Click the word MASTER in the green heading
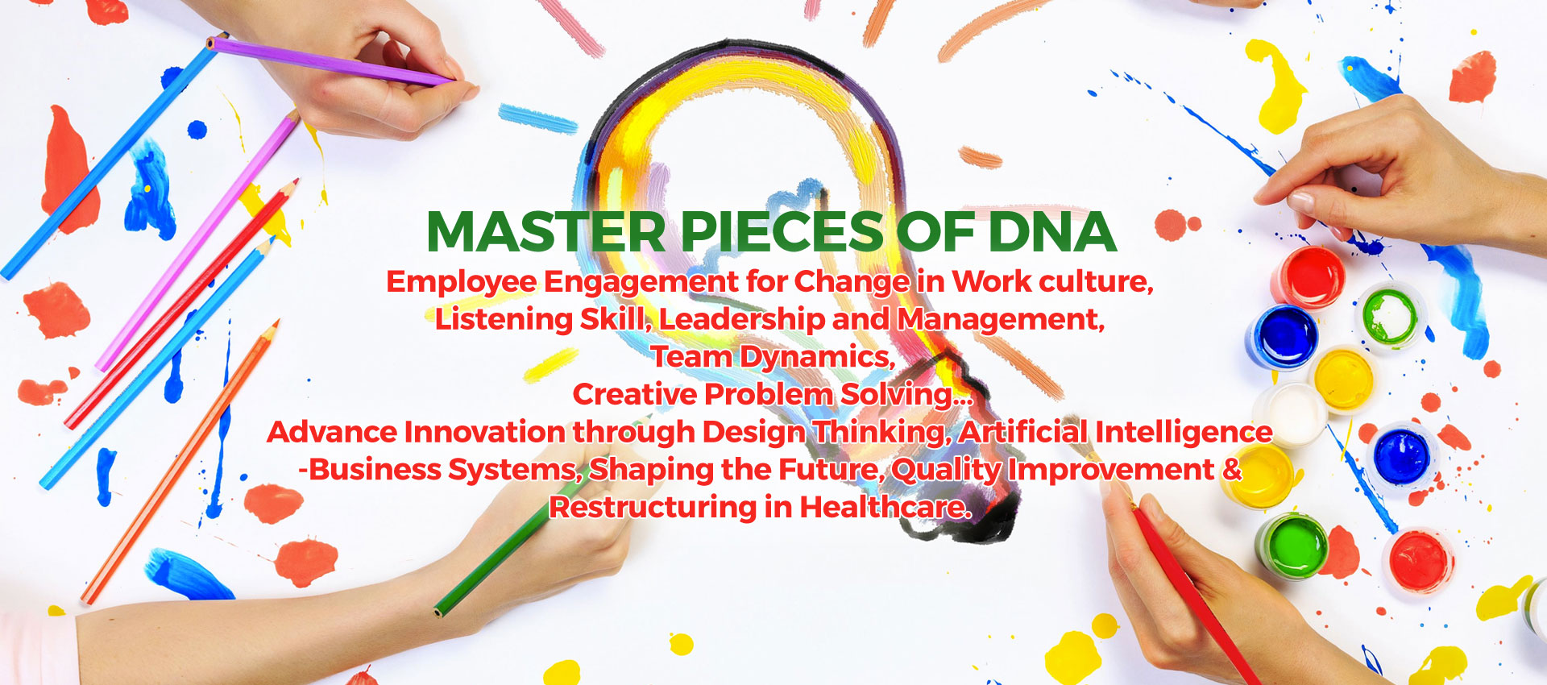pyautogui.click(x=546, y=232)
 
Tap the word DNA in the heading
pyautogui.click(x=1051, y=232)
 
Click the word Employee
pyautogui.click(x=462, y=283)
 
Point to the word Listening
pyautogui.click(x=504, y=321)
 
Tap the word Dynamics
pyautogui.click(x=818, y=358)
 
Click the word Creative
pyautogui.click(x=635, y=394)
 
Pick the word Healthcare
pyautogui.click(x=885, y=508)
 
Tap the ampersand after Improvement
pyautogui.click(x=1232, y=469)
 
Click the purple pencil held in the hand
pyautogui.click(x=330, y=61)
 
